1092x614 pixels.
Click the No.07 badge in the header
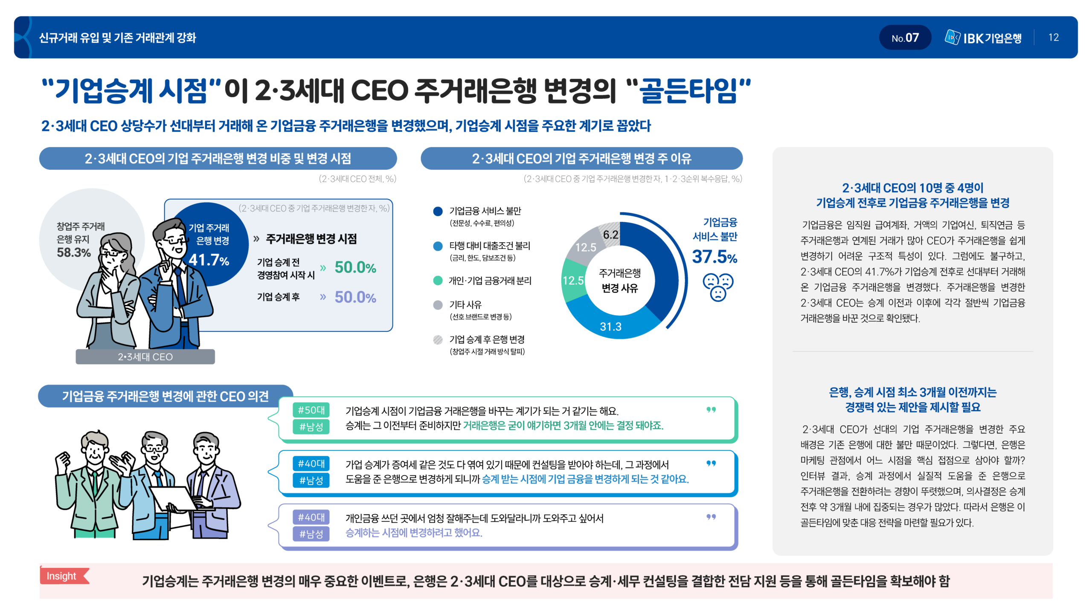click(x=905, y=38)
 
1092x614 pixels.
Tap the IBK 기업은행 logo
click(x=983, y=38)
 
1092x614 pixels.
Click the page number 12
click(x=1053, y=38)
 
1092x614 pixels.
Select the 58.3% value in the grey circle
click(x=74, y=252)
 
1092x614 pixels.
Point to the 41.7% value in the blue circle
click(x=209, y=259)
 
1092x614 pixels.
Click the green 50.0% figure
click(x=355, y=267)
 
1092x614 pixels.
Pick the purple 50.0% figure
click(x=355, y=297)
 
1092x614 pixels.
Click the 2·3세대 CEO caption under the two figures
click(x=145, y=357)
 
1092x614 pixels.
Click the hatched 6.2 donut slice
click(x=610, y=234)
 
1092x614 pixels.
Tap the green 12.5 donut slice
click(x=573, y=280)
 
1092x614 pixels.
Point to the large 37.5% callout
click(x=714, y=257)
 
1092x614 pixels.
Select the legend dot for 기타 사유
click(x=438, y=305)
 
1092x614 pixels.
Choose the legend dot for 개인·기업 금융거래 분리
click(x=438, y=281)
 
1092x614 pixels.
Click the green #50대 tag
click(x=311, y=410)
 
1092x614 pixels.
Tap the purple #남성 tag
click(x=311, y=534)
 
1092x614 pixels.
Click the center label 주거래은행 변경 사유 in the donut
click(x=619, y=280)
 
